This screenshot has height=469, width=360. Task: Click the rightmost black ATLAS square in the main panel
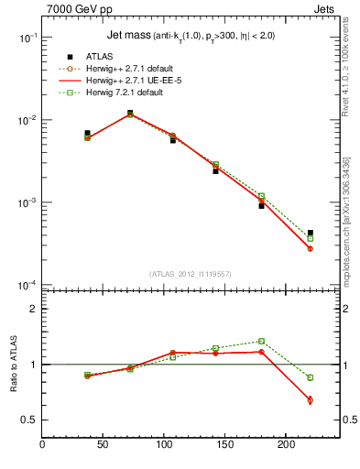(x=311, y=233)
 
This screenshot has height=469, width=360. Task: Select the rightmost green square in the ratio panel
(x=311, y=377)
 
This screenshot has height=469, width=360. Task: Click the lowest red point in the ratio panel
(x=311, y=399)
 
